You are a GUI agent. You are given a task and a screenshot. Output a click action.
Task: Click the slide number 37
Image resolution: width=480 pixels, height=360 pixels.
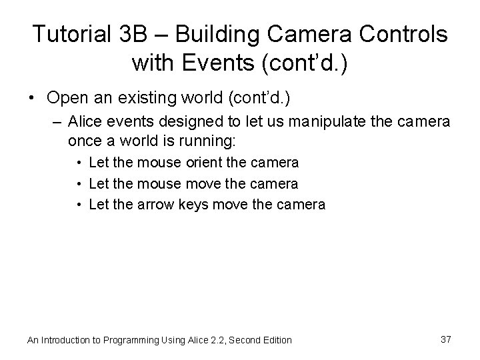pos(445,339)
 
